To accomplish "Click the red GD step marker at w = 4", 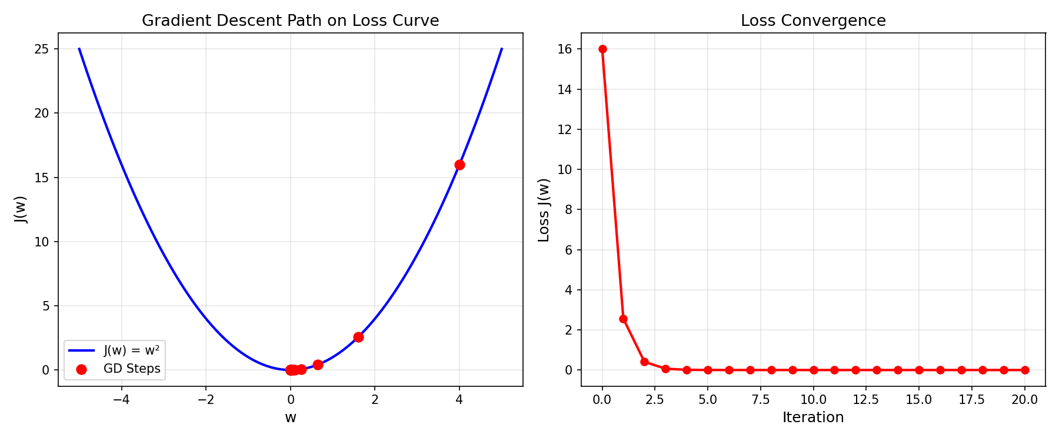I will pyautogui.click(x=459, y=165).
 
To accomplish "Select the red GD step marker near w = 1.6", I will pyautogui.click(x=358, y=337).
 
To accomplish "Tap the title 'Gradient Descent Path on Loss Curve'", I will pyautogui.click(x=290, y=21).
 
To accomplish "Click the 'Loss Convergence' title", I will pyautogui.click(x=813, y=21).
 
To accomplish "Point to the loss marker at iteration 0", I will pyautogui.click(x=602, y=49).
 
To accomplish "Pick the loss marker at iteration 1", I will pyautogui.click(x=624, y=319).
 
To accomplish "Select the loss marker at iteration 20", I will pyautogui.click(x=1025, y=370).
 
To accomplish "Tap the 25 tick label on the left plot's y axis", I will pyautogui.click(x=42, y=49).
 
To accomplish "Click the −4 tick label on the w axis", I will pyautogui.click(x=121, y=400).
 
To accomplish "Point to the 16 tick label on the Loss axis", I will pyautogui.click(x=565, y=49).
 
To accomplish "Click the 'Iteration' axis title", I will pyautogui.click(x=813, y=417).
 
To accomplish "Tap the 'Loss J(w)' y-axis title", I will pyautogui.click(x=544, y=210).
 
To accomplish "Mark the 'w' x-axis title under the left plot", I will pyautogui.click(x=291, y=417).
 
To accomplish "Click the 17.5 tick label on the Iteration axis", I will pyautogui.click(x=961, y=400).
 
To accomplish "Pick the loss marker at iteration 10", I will pyautogui.click(x=814, y=370).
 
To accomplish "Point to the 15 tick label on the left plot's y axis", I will pyautogui.click(x=42, y=178).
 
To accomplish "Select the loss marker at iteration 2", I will pyautogui.click(x=644, y=362).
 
